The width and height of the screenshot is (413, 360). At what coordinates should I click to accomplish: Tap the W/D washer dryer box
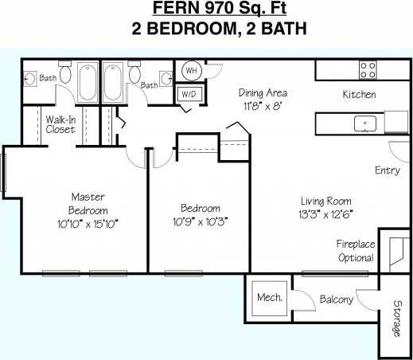[189, 94]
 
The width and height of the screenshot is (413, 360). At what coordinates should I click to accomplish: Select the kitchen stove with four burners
[368, 69]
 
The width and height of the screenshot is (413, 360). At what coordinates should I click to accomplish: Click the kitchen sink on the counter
[366, 123]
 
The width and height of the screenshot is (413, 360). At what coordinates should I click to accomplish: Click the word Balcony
[336, 299]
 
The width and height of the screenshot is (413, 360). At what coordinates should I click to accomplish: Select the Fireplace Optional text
[355, 251]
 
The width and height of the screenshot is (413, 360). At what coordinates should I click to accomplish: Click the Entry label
[388, 170]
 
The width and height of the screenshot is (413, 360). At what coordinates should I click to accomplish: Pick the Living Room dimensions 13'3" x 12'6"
[325, 214]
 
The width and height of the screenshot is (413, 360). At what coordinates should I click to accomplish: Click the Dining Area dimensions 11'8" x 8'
[263, 105]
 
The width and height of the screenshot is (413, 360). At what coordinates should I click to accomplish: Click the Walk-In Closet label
[60, 124]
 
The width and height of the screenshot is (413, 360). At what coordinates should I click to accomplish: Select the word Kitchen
[359, 95]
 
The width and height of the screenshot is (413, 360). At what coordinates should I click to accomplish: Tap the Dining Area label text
[263, 92]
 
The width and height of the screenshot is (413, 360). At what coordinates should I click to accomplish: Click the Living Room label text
[325, 202]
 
